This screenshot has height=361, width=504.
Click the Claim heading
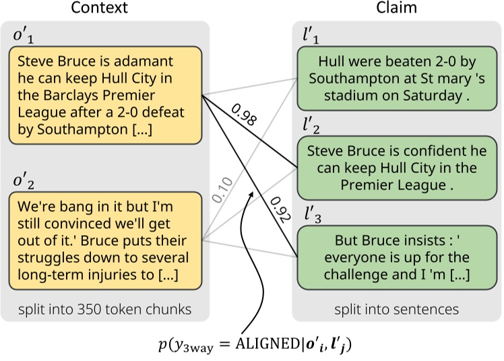click(398, 9)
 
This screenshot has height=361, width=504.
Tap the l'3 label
click(312, 215)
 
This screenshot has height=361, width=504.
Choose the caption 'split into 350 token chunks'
click(104, 309)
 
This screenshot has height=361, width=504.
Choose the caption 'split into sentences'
click(397, 309)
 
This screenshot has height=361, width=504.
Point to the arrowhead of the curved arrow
click(251, 193)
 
